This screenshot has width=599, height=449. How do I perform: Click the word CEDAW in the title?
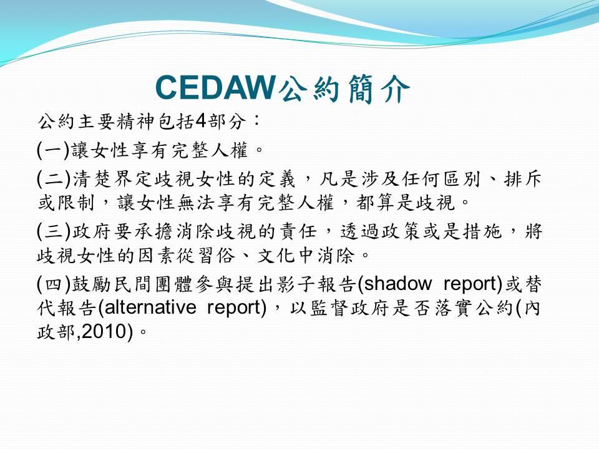pyautogui.click(x=215, y=88)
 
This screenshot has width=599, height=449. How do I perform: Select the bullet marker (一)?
pyautogui.click(x=53, y=150)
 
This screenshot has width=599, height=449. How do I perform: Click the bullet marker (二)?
pyautogui.click(x=54, y=179)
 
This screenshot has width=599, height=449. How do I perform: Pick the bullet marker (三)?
pyautogui.click(x=54, y=231)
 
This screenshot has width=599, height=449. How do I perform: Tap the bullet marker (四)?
pyautogui.click(x=54, y=284)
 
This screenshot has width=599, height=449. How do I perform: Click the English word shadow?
pyautogui.click(x=397, y=284)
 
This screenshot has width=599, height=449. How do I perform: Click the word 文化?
pyautogui.click(x=276, y=256)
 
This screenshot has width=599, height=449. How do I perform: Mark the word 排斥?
pyautogui.click(x=523, y=179)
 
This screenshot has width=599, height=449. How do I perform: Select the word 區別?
pyautogui.click(x=462, y=179)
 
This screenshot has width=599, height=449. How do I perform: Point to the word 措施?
pyautogui.click(x=482, y=231)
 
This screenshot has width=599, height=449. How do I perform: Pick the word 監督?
pyautogui.click(x=328, y=308)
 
